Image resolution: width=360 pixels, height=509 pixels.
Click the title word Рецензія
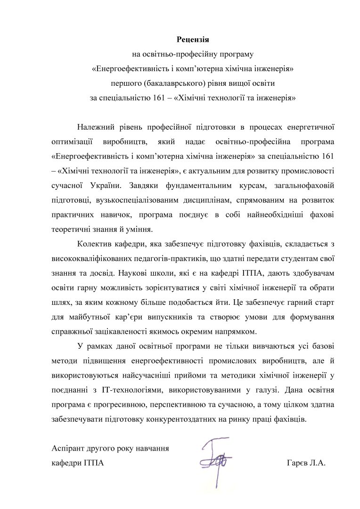[x=192, y=38]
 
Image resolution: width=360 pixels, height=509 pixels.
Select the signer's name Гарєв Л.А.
[x=306, y=463]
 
